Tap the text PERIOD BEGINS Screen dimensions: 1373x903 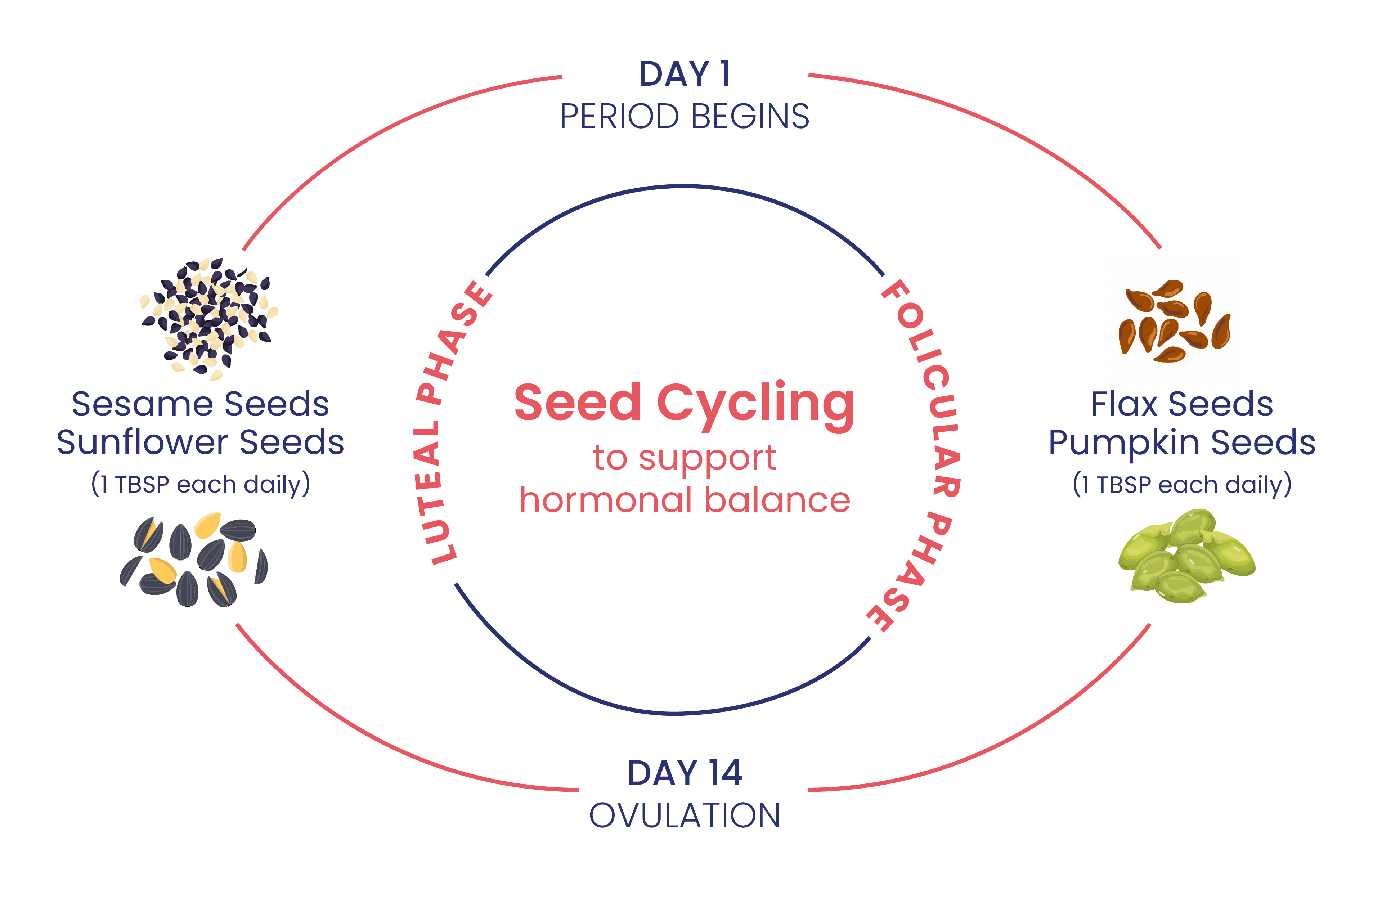(x=685, y=117)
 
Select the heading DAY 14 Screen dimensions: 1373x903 (x=685, y=773)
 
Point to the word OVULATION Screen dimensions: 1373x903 (x=685, y=815)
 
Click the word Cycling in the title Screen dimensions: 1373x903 (x=756, y=406)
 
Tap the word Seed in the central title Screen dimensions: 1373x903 (x=578, y=402)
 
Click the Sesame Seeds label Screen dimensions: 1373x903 (x=200, y=404)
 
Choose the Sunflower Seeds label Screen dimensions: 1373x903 (x=200, y=442)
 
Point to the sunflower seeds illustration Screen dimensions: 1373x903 (x=194, y=560)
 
